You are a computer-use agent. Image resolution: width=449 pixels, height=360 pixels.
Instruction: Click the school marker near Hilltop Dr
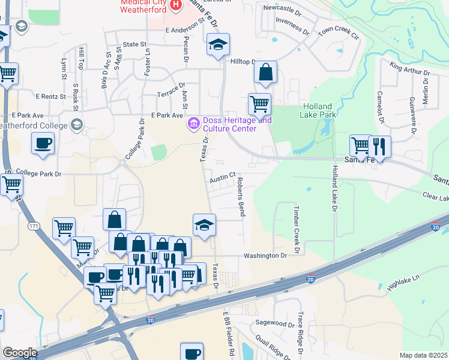click(x=218, y=44)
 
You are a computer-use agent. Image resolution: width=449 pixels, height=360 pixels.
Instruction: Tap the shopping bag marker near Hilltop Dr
click(x=265, y=73)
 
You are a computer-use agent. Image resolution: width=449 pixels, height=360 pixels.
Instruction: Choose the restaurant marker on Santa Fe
click(x=379, y=146)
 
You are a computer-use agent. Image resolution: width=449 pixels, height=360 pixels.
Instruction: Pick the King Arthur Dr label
click(x=410, y=69)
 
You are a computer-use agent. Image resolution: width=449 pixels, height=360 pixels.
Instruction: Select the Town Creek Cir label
click(x=338, y=32)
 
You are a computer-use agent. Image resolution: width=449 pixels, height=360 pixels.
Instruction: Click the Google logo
click(x=20, y=353)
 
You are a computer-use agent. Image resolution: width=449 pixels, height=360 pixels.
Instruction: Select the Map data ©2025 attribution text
click(x=423, y=355)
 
